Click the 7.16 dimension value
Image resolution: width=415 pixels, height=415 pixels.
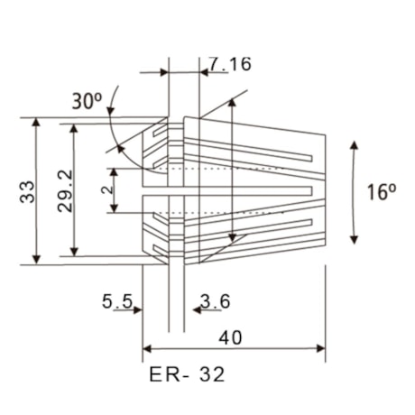pos(229,64)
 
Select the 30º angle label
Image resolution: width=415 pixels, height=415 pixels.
pos(88,101)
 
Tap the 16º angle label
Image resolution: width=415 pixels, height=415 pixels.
pos(382,191)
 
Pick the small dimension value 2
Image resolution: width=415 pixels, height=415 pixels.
pos(106,191)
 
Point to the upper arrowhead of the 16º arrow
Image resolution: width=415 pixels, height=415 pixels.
pos(354,144)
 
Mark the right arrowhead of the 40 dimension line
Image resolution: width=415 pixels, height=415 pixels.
pos(321,348)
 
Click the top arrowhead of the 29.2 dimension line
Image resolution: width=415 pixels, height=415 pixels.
pos(75,128)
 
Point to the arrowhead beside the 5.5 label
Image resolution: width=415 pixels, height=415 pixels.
pos(139,310)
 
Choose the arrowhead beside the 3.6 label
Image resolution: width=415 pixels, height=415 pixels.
pos(188,310)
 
